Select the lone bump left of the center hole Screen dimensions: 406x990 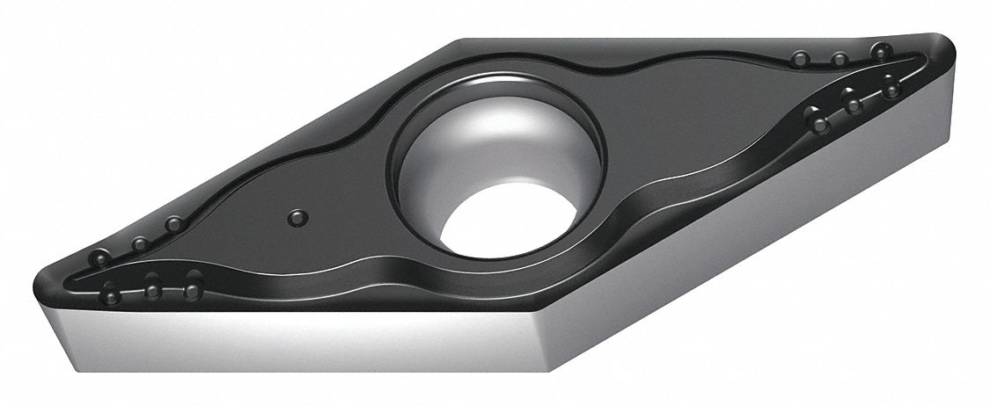tap(297, 215)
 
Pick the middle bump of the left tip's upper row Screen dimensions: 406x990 tap(138, 243)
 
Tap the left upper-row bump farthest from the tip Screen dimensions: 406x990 tap(174, 226)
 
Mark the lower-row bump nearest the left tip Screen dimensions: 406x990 tap(111, 291)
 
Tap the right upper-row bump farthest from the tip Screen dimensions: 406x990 tap(800, 59)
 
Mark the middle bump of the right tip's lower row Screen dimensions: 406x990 tap(851, 103)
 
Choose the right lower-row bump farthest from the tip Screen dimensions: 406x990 tap(819, 125)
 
